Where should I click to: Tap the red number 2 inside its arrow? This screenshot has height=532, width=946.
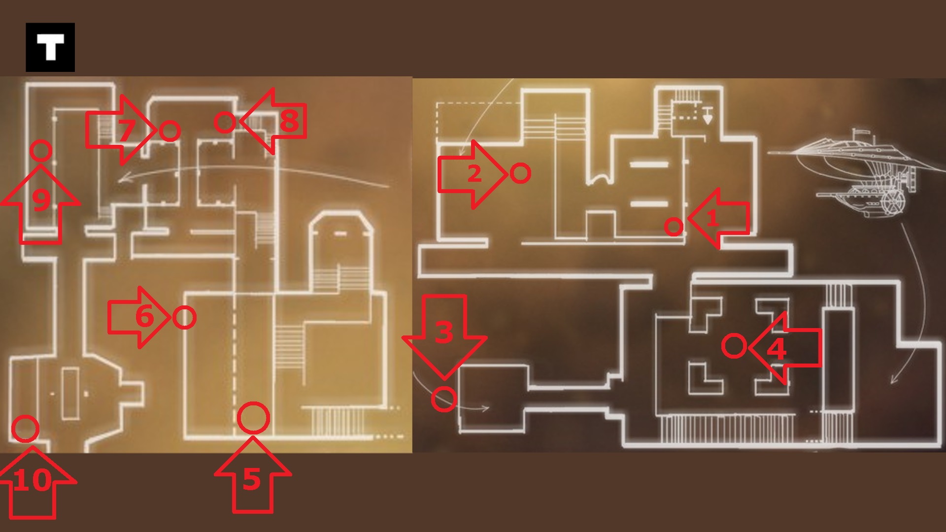[x=473, y=173]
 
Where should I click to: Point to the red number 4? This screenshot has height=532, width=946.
[x=777, y=349]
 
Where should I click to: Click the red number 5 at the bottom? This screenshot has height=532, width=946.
[x=251, y=479]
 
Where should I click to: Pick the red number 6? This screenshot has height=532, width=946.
[x=144, y=316]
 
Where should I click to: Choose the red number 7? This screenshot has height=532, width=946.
[x=126, y=131]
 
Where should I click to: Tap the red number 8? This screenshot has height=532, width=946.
[x=289, y=121]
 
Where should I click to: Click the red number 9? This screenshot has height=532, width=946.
[x=41, y=199]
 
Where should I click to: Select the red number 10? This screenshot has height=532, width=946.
[x=32, y=480]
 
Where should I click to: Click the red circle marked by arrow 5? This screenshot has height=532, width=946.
[x=253, y=418]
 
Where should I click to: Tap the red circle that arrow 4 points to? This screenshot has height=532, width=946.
[x=734, y=346]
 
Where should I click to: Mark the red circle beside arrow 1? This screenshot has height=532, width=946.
[x=674, y=227]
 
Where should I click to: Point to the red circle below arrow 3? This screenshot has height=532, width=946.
[x=443, y=399]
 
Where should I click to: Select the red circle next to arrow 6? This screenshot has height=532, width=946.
[x=185, y=318]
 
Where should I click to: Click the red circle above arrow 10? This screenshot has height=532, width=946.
[x=25, y=428]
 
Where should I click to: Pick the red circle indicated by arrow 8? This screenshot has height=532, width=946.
[x=225, y=122]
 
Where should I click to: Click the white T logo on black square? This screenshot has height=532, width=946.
[x=50, y=47]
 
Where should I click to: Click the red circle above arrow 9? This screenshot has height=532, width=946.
[x=41, y=151]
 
